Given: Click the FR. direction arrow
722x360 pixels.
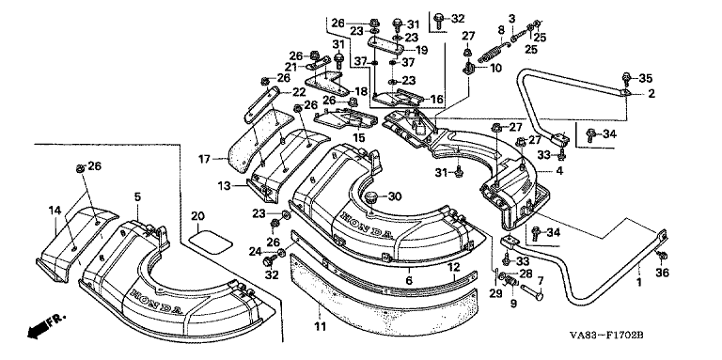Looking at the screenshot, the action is pyautogui.click(x=46, y=325).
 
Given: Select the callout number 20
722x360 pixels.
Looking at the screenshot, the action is pyautogui.click(x=197, y=215).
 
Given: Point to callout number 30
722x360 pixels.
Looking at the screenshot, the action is pyautogui.click(x=395, y=196).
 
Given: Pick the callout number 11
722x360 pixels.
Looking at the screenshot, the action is pyautogui.click(x=320, y=326).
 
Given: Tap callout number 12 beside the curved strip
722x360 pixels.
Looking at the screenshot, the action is pyautogui.click(x=454, y=266).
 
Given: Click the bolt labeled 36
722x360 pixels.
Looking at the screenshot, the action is pyautogui.click(x=663, y=255).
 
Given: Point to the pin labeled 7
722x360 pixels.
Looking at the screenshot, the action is pyautogui.click(x=532, y=291).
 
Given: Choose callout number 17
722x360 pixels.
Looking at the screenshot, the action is pyautogui.click(x=204, y=159).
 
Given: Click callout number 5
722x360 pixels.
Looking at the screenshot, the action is pyautogui.click(x=137, y=196).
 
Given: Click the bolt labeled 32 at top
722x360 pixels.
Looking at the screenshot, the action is pyautogui.click(x=437, y=19).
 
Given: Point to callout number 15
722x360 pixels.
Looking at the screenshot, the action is pyautogui.click(x=358, y=137).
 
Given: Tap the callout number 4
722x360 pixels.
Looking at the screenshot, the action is pyautogui.click(x=559, y=171).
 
